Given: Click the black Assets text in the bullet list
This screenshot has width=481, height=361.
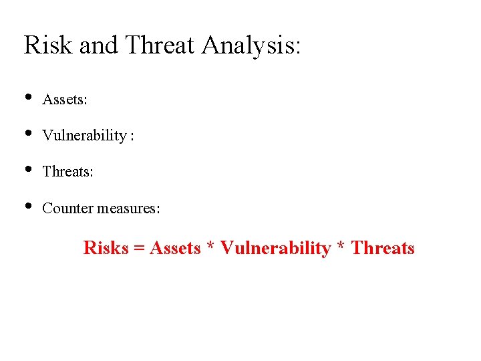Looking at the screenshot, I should coord(65,100).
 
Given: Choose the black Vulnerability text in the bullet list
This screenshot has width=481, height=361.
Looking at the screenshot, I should coord(85,136).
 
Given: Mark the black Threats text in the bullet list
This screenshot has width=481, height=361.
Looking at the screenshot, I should coord(67,172).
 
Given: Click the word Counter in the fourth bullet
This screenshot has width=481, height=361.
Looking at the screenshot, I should coord(67,208).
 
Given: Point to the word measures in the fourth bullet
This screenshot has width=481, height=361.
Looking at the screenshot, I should coord(129,208).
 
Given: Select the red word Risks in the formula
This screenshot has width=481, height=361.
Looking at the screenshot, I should coord(106,248).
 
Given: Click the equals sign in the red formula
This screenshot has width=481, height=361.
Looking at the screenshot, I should coord(139,249).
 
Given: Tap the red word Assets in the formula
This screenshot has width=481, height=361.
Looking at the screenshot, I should coord(175,248).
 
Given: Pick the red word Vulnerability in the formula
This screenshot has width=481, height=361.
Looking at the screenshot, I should coord(275,249).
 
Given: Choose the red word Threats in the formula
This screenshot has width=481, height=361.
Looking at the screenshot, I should coord(383,248).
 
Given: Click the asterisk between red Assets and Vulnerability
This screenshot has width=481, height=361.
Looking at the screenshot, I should coord(210,247).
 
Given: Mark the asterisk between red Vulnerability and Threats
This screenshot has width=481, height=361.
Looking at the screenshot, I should coord(341,247).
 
